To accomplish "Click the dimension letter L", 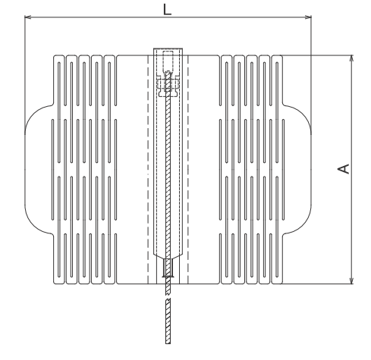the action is [167, 10].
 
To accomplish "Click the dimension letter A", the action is [344, 169].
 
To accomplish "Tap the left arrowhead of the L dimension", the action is [28, 17].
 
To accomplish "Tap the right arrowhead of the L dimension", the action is [308, 17].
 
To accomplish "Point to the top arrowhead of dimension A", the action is [351, 58].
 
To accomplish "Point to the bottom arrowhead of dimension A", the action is [351, 280].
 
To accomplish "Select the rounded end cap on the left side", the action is [39, 169].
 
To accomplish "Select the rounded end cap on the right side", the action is [297, 169].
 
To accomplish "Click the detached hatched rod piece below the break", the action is [168, 321].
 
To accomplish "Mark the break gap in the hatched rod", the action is [168, 296].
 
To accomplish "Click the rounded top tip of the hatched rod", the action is [168, 72].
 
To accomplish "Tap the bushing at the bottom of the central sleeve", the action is [168, 268].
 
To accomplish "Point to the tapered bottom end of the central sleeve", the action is [168, 255].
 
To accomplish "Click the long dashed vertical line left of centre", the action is [148, 169].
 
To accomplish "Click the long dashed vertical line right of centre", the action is [188, 169].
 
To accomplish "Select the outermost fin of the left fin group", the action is [59, 169].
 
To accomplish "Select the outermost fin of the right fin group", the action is [277, 169].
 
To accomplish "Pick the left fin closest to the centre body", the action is [109, 169].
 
